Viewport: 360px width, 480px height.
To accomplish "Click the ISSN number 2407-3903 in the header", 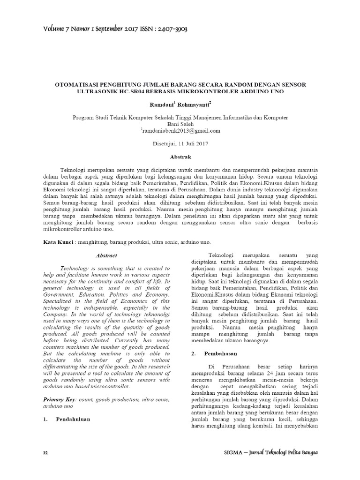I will click(165, 29).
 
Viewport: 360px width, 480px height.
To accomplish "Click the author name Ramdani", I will click(161, 103).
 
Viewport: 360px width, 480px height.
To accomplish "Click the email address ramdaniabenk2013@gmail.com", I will click(181, 131).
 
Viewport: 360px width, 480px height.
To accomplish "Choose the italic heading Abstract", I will click(106, 255).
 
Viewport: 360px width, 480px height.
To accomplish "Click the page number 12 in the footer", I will click(45, 454).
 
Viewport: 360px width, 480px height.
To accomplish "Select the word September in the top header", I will click(108, 29).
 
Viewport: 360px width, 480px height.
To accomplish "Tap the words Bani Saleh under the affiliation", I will click(180, 124).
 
